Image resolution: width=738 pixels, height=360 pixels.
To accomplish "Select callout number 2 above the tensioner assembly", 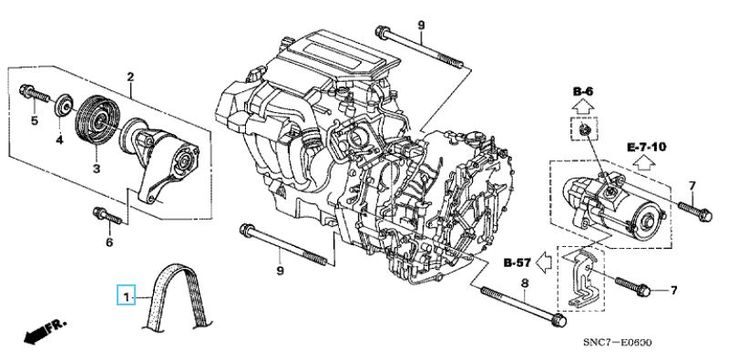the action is click(130, 77).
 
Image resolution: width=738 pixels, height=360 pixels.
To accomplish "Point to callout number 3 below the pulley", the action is click(97, 168).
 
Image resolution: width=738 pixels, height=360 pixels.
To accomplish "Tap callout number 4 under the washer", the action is click(60, 140).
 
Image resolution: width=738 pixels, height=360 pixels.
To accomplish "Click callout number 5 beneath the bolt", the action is click(35, 121).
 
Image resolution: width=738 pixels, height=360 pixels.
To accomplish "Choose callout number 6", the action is click(109, 242).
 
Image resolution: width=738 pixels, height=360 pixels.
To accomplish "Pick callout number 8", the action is click(525, 283).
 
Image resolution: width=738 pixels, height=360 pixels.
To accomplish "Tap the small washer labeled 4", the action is click(63, 106).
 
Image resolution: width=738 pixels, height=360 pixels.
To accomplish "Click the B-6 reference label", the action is click(583, 91).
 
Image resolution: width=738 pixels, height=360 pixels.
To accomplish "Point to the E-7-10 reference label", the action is click(647, 147).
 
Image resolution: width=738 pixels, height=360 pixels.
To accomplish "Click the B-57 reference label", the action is click(518, 263).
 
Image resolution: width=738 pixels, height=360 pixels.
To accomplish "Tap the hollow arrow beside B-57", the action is click(545, 262).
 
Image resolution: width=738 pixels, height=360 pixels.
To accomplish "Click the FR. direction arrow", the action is click(46, 332).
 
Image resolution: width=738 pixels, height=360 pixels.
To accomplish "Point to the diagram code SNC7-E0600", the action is click(618, 342).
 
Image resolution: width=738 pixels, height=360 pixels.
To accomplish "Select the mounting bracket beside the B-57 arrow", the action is click(581, 280).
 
